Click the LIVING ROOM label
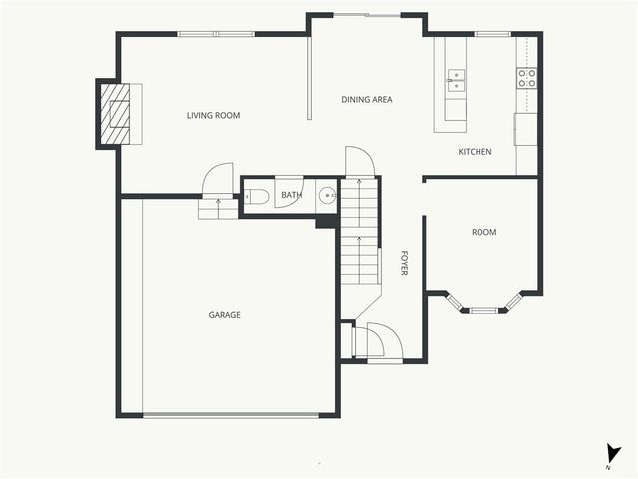pos(214,116)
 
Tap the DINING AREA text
pos(367,100)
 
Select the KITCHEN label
pos(475,152)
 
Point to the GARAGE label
pos(224,315)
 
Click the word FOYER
pos(404,262)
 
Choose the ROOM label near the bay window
pos(483,233)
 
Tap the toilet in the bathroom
pos(255,196)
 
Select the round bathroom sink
pos(327,196)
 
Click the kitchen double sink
pos(455,81)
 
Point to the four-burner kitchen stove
pos(526,78)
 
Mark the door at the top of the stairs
pos(359,162)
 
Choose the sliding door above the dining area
pos(368,15)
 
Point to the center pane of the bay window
pos(483,310)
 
